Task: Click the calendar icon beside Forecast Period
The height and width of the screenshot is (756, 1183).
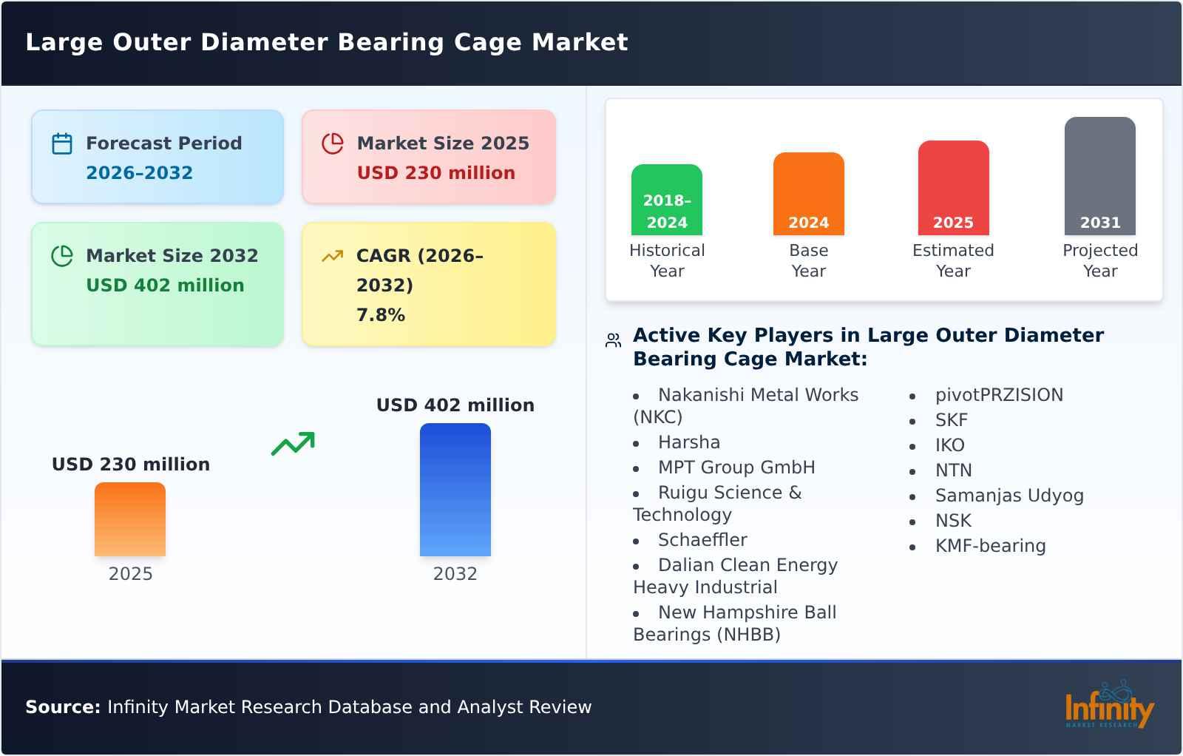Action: [x=62, y=144]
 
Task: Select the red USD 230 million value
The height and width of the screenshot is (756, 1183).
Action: [x=435, y=173]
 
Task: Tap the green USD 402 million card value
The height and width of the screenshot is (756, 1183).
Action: [x=165, y=286]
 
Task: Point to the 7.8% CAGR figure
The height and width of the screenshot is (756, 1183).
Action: [x=380, y=315]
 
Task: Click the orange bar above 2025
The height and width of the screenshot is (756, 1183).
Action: [x=130, y=519]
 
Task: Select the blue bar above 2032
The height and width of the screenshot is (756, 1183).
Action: [x=455, y=490]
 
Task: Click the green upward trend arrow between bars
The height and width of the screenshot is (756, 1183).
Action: [x=293, y=443]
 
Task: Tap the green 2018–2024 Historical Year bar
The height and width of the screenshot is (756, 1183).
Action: [x=666, y=200]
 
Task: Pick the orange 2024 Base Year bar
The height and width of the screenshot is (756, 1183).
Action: [x=808, y=194]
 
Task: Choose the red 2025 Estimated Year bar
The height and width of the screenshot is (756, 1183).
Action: [x=953, y=188]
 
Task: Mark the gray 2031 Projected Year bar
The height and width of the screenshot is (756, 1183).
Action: [x=1099, y=176]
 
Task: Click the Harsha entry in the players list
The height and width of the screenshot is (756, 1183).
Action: [x=688, y=442]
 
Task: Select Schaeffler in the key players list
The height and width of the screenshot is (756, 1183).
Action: [x=702, y=540]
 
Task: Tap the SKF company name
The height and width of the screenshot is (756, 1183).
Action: [x=951, y=420]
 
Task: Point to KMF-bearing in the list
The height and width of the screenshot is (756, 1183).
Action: [x=990, y=546]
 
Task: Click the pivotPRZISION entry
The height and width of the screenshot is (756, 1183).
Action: [x=998, y=395]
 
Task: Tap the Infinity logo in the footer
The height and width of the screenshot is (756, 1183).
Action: [x=1108, y=706]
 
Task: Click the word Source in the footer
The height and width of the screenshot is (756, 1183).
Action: [x=62, y=707]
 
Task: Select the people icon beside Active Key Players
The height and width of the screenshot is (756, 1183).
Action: [x=613, y=340]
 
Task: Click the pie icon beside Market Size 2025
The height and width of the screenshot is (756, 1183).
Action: [x=333, y=144]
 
